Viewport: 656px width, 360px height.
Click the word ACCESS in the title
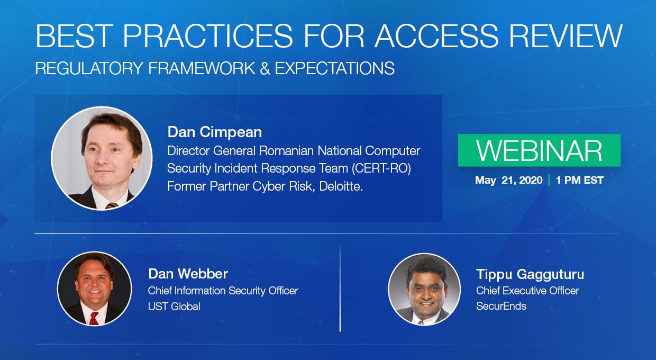[436, 35]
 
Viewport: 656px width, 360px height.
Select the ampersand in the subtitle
[265, 68]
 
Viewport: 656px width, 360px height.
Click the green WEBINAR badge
[539, 150]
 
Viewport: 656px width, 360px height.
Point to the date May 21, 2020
[509, 180]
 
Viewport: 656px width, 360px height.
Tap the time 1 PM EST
[580, 180]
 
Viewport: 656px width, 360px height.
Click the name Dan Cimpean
[215, 132]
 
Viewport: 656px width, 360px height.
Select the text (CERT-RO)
[381, 168]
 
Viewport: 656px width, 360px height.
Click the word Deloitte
[341, 186]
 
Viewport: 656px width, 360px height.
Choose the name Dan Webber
[188, 274]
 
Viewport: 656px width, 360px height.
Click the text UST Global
[174, 307]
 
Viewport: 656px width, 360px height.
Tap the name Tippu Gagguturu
[530, 274]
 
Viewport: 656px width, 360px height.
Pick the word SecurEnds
[501, 306]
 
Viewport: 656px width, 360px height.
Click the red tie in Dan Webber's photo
[94, 318]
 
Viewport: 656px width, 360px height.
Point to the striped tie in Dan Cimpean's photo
[112, 205]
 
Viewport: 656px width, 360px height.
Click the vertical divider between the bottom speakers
[340, 289]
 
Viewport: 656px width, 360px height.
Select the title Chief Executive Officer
[527, 291]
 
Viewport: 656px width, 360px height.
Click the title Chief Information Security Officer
[223, 291]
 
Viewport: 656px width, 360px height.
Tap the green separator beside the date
[549, 180]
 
